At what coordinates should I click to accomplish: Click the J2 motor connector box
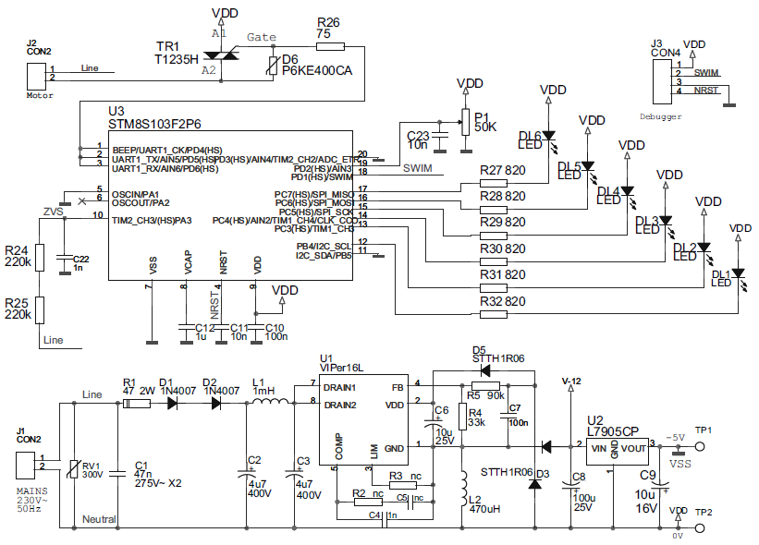tap(38, 74)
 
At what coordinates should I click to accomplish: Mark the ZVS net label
tap(55, 210)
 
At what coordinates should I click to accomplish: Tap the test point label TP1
tap(704, 430)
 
